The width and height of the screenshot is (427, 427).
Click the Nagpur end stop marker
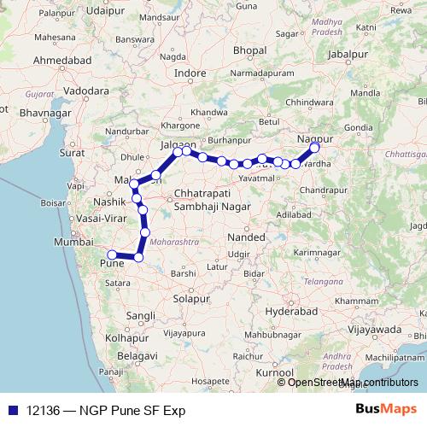[x=314, y=147]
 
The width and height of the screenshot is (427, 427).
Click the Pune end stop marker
[x=112, y=254]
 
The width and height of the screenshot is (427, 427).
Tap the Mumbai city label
[x=73, y=243]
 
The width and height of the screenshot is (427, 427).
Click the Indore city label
[x=190, y=73]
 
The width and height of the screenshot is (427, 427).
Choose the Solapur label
[x=190, y=299]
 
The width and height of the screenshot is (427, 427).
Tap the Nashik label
[x=110, y=203]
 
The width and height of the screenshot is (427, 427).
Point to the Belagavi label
[x=138, y=354]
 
